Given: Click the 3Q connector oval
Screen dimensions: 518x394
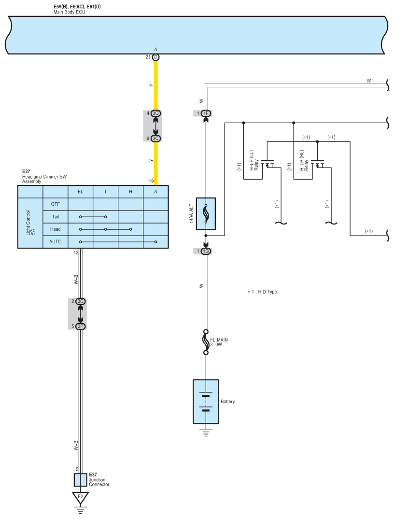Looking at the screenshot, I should point(155,113).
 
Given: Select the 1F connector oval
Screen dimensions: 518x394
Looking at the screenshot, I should point(206,113).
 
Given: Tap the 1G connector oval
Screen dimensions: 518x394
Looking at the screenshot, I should point(206,251).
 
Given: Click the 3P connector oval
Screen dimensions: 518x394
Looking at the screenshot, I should point(81,326).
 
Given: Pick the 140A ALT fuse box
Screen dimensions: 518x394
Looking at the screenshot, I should point(206,213).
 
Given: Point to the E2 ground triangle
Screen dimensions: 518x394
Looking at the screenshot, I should point(81,497).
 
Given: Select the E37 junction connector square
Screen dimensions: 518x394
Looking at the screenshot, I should point(81,479).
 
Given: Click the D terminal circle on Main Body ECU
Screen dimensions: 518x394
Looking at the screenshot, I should point(155,57).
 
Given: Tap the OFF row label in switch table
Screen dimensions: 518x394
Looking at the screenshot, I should point(56,204).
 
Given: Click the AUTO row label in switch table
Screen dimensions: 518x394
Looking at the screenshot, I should point(56,241).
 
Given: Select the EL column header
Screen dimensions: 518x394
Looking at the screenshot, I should point(80,192).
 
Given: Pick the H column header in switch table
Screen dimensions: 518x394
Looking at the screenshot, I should point(130,192).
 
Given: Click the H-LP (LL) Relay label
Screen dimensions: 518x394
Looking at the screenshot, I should point(254,160).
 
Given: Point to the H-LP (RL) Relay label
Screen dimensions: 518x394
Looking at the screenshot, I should point(304,160).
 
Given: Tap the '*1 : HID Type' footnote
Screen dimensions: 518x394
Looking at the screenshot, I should point(262,292).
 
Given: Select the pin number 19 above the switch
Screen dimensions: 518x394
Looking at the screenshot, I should point(151,181).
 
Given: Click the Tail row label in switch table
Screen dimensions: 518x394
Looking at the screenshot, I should point(56,217).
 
